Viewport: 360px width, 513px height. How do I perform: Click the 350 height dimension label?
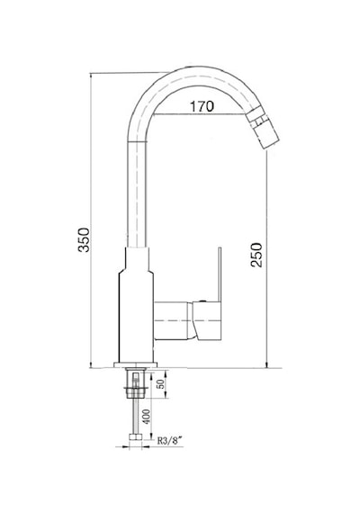tap(84, 239)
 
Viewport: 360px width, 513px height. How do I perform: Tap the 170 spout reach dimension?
tap(202, 106)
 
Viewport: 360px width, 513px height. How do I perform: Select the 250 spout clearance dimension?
tap(256, 255)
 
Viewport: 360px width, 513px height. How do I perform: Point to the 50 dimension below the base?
tap(161, 382)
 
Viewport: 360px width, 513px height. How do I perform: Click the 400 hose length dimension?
tap(147, 417)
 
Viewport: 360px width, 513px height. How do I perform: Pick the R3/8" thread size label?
tap(169, 441)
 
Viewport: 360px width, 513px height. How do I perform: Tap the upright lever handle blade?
tap(220, 274)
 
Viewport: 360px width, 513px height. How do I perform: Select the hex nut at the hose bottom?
tap(136, 437)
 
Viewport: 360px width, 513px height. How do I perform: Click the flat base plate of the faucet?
tap(136, 364)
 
